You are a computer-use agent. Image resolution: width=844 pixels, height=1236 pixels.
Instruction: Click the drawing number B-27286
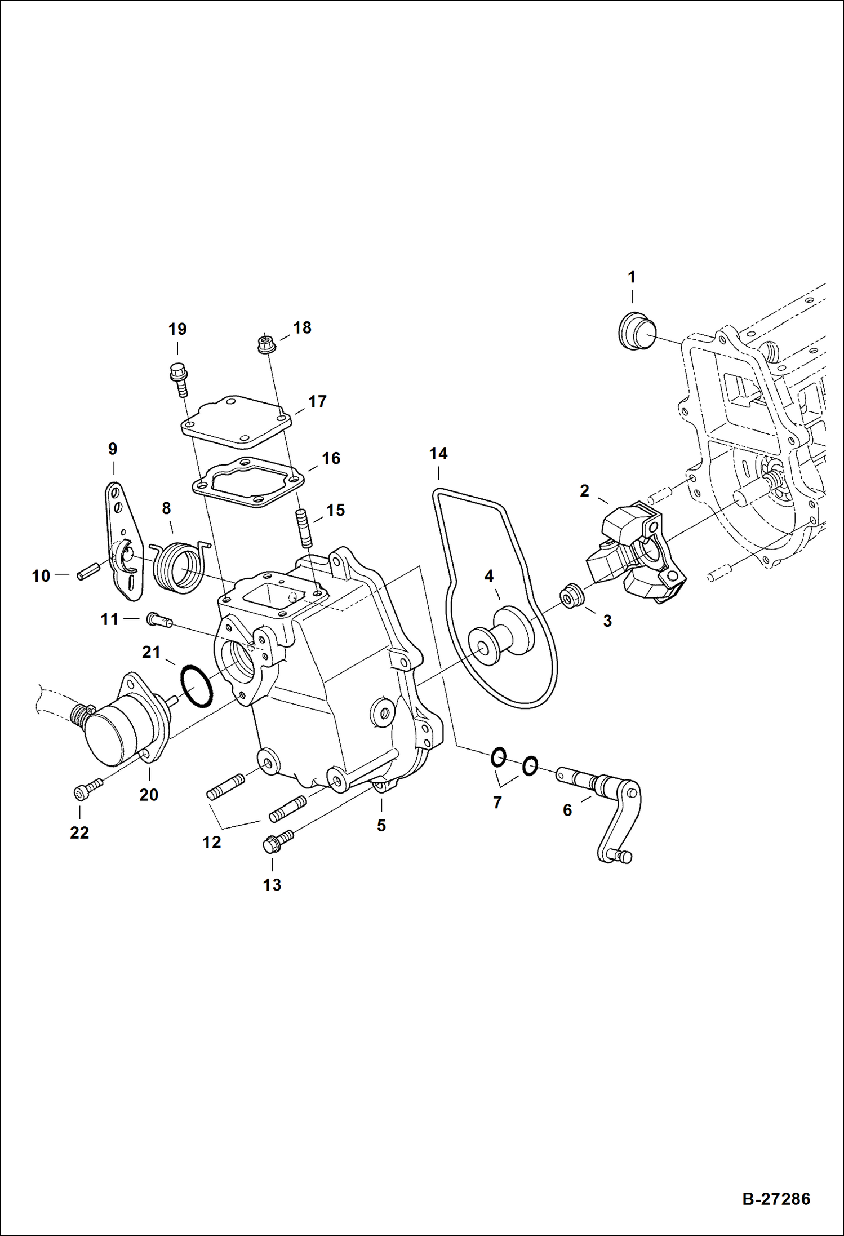(x=776, y=1198)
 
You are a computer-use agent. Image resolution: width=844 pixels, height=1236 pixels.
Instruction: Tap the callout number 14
(x=438, y=454)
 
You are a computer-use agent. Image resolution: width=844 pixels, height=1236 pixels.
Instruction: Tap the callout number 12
(x=212, y=842)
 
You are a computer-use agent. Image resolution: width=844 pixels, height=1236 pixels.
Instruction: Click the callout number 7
(x=497, y=802)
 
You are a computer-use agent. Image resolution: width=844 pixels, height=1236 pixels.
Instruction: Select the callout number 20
(x=149, y=795)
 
